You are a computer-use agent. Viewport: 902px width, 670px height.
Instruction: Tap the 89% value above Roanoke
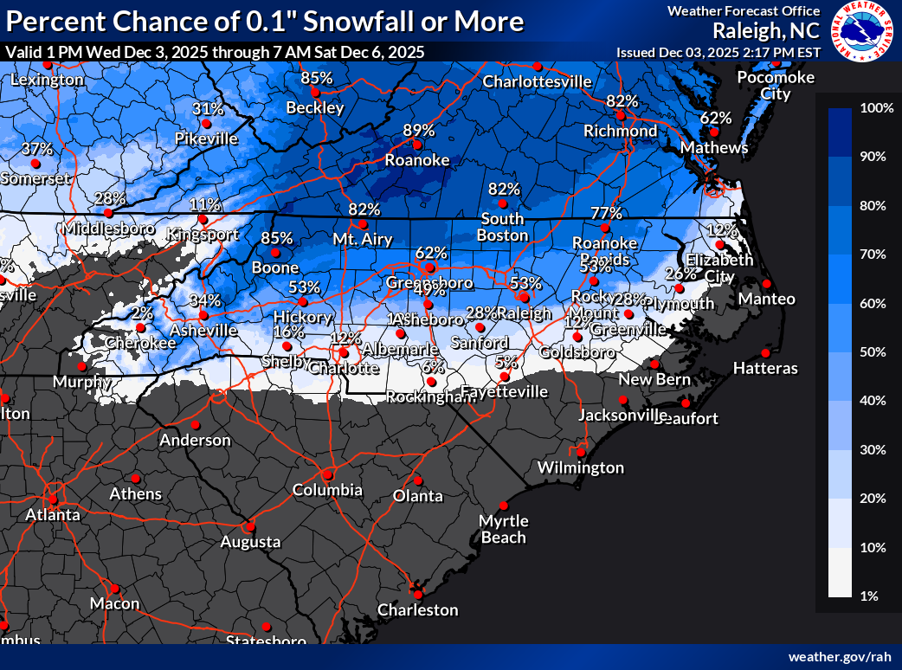click(418, 130)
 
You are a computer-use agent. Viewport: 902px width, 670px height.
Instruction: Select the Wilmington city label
click(580, 467)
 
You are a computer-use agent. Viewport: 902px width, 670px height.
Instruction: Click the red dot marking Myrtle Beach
click(503, 506)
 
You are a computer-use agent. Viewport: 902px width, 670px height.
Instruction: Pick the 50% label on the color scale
click(875, 351)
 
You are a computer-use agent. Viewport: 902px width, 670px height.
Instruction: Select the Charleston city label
click(417, 609)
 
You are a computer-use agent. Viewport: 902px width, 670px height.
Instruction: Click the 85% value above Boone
click(276, 237)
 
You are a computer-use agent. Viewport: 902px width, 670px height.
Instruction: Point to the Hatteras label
click(765, 369)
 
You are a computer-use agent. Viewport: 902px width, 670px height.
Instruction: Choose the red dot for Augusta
click(250, 525)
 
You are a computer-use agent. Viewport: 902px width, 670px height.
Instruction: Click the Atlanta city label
click(52, 514)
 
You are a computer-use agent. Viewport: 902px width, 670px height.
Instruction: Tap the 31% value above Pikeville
click(208, 109)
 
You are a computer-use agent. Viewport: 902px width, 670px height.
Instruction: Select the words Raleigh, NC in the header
click(766, 31)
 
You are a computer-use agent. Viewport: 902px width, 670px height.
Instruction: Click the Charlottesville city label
click(537, 82)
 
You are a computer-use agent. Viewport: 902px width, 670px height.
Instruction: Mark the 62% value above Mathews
click(716, 117)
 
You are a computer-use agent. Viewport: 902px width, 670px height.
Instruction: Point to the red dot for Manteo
click(765, 283)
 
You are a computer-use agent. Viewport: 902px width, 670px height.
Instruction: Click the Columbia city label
click(327, 490)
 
